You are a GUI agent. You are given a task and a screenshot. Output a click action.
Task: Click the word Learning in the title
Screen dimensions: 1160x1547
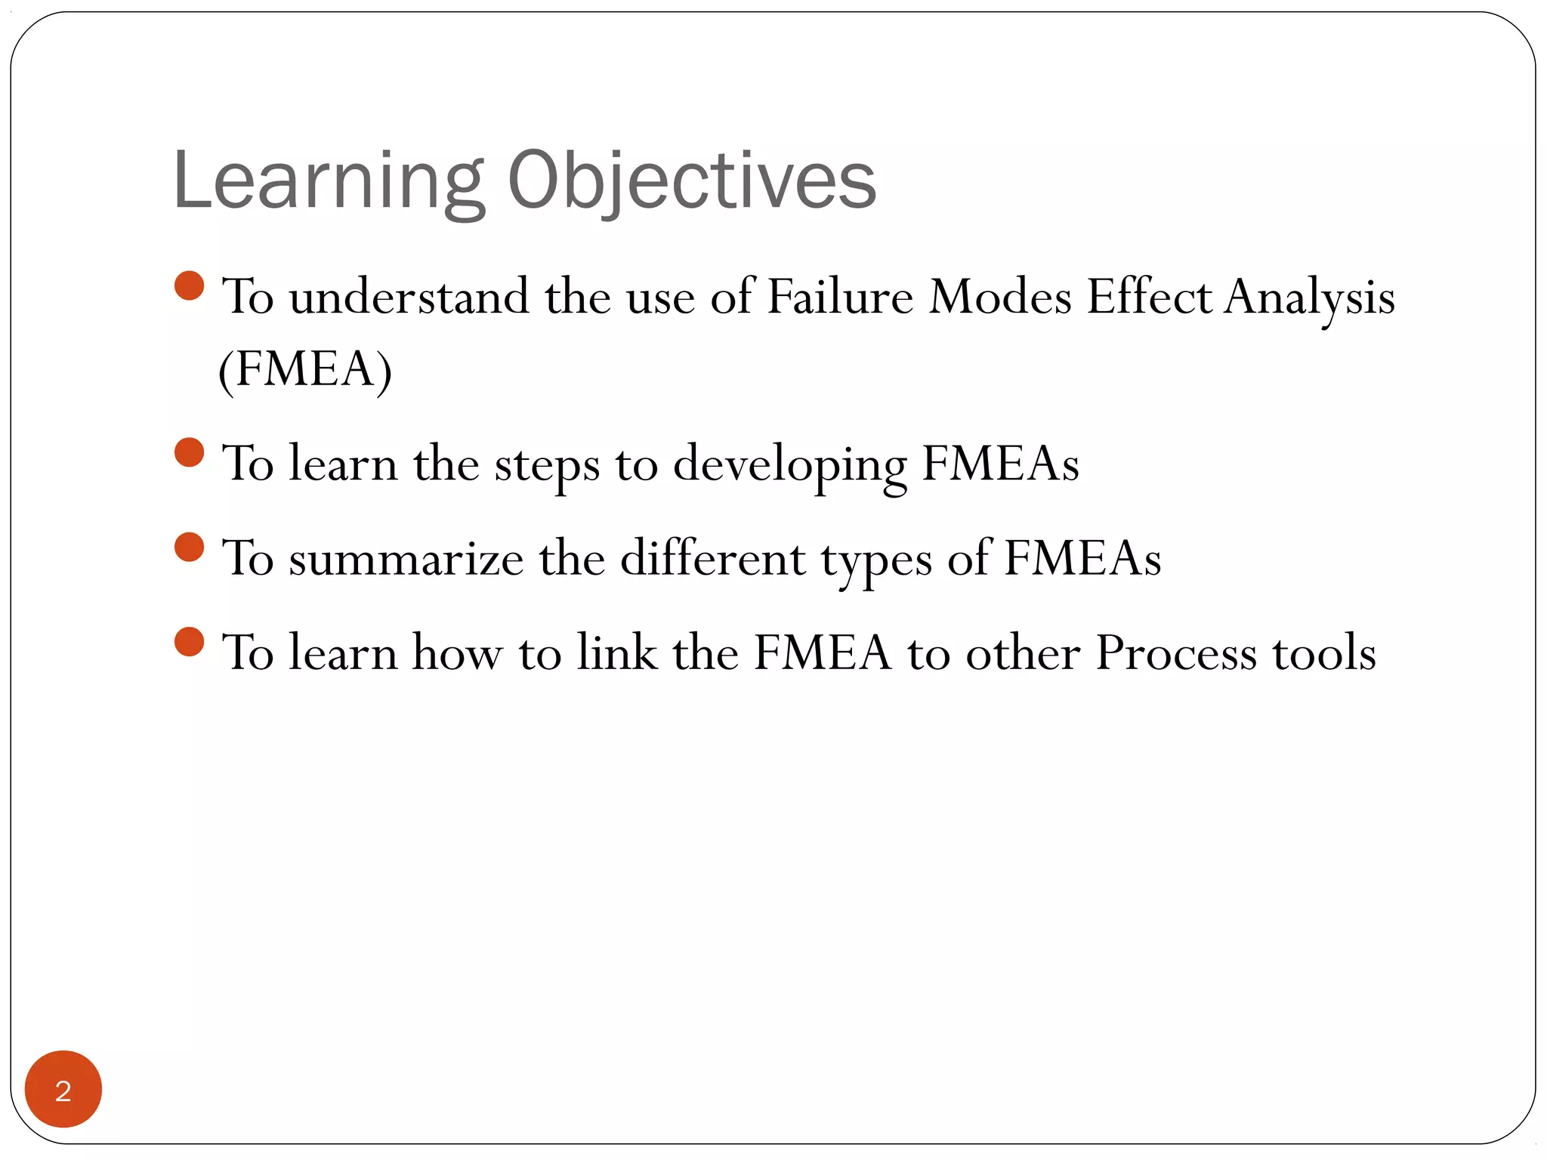tap(329, 181)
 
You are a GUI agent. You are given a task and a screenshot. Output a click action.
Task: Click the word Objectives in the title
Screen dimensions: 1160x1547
tap(691, 181)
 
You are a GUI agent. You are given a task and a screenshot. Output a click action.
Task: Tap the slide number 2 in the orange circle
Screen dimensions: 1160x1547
tap(63, 1091)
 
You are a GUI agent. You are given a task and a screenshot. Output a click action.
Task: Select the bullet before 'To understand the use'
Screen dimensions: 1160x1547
tap(189, 286)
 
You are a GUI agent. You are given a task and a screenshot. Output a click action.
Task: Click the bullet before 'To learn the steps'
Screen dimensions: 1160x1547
tap(189, 452)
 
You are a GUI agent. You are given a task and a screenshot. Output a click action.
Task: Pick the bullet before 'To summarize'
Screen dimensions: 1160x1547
tap(189, 547)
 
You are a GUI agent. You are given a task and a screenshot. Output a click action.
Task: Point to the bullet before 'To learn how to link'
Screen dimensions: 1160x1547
tap(189, 642)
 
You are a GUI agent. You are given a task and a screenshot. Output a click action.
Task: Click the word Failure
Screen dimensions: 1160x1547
tap(840, 297)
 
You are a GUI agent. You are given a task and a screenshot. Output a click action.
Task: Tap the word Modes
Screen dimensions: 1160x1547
tap(999, 297)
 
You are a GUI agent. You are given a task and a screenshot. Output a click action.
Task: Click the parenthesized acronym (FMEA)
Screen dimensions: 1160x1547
tap(304, 370)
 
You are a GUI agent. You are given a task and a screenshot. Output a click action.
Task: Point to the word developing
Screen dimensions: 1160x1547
tap(789, 465)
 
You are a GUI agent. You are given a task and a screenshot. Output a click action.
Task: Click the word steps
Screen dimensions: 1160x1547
tap(547, 465)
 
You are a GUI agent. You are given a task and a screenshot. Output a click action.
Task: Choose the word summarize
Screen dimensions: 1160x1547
tap(406, 560)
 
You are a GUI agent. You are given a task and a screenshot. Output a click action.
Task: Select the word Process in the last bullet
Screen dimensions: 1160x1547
tap(1175, 652)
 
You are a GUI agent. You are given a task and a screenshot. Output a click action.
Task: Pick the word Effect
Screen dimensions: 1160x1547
tap(1149, 297)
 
